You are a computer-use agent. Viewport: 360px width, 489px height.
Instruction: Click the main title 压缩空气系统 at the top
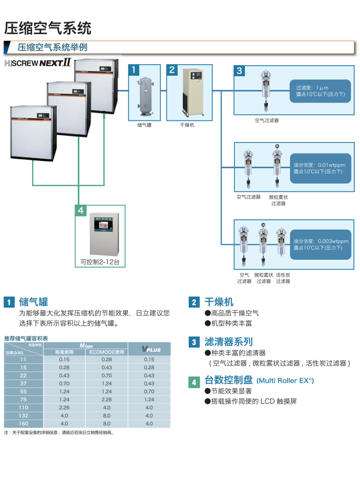48,27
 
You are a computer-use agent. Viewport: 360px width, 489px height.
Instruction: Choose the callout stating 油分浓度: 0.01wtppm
320,168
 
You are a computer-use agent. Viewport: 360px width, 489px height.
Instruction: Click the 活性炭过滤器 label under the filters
283,278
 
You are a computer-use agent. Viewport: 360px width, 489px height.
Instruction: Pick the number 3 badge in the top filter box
240,70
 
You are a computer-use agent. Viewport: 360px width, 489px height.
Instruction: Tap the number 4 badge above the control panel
80,210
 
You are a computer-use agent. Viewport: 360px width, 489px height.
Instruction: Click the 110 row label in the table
23,407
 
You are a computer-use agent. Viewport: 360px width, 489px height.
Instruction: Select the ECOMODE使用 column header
107,352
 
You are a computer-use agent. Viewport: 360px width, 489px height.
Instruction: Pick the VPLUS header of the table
149,349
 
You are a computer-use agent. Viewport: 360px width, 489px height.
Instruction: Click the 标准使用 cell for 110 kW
64,407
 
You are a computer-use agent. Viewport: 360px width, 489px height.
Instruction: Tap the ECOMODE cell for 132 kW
107,415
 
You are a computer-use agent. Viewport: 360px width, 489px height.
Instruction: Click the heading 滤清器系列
229,342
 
